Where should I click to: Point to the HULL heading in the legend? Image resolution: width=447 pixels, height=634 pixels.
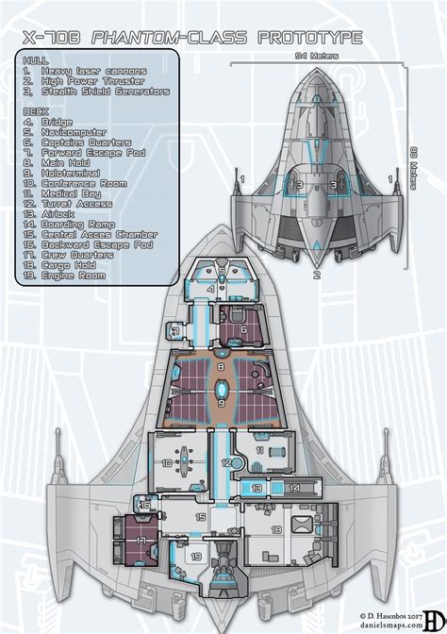coord(34,61)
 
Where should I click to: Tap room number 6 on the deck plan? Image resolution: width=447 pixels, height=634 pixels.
coord(242,329)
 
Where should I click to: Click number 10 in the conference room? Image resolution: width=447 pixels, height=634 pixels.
coord(166,462)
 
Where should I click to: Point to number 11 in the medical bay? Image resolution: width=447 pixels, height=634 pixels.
coord(260,452)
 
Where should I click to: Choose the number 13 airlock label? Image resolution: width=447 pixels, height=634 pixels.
coord(257,488)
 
